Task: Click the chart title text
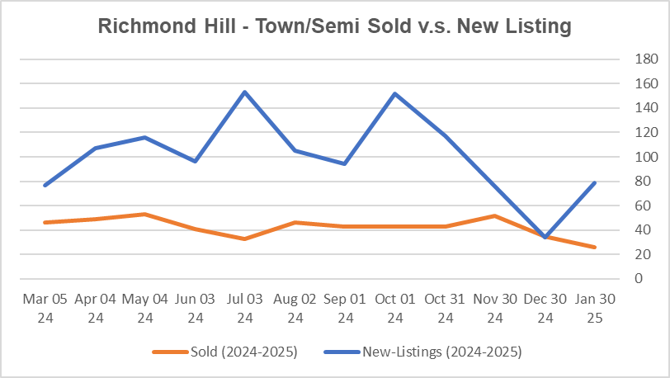[334, 26]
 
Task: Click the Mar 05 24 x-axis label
[45, 306]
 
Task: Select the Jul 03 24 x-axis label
[245, 306]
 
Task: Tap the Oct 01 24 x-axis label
[395, 306]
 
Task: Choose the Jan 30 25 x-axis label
[595, 306]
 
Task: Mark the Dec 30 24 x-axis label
[545, 306]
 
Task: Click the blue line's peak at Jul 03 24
[245, 92]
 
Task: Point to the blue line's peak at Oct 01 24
[395, 93]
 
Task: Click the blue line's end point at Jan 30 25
[595, 182]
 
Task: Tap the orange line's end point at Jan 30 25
[595, 248]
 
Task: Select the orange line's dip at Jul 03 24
[245, 239]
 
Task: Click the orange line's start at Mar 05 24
[45, 223]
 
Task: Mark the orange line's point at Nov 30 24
[495, 215]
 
